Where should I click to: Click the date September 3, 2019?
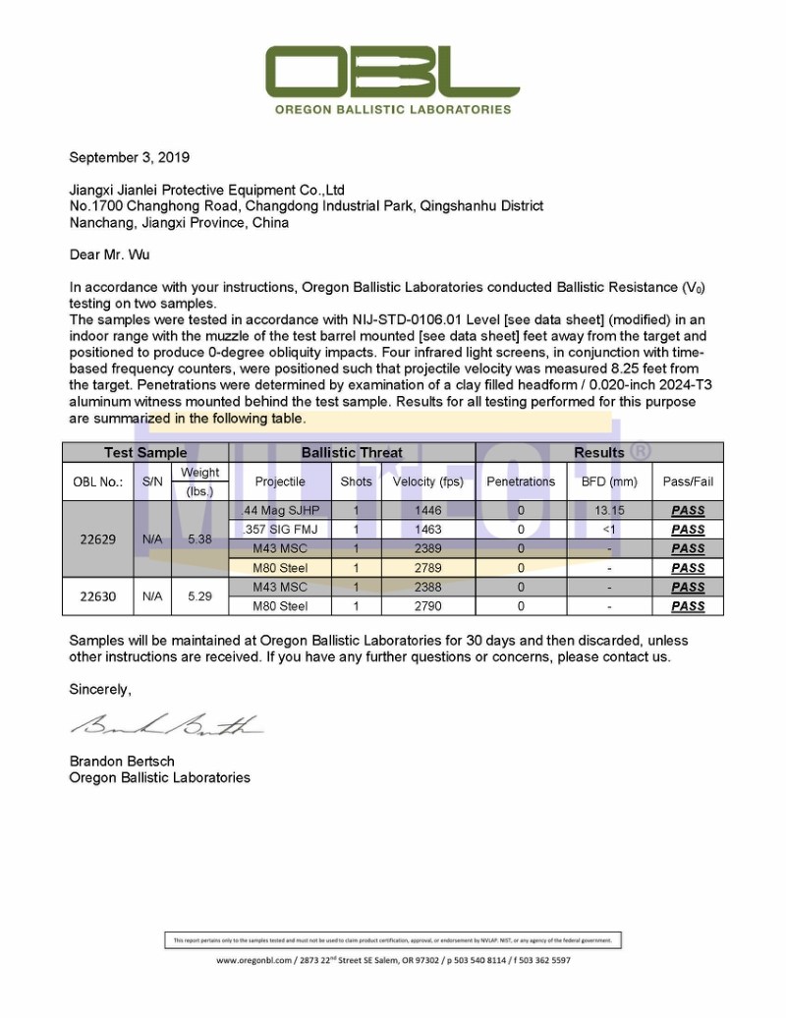pos(129,157)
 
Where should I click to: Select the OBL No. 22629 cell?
pos(97,538)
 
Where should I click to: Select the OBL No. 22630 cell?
pos(97,596)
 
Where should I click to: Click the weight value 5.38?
pos(199,538)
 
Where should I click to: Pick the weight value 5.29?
pos(199,596)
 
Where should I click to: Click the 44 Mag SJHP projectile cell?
pos(280,511)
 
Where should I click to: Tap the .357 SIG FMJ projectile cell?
pos(280,530)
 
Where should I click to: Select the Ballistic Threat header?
pos(352,453)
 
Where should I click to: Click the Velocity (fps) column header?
pos(427,481)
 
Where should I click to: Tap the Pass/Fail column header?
pos(688,481)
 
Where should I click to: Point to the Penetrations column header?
pos(521,481)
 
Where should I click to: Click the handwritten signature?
pos(164,726)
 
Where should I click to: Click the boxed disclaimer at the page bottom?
pos(392,940)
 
